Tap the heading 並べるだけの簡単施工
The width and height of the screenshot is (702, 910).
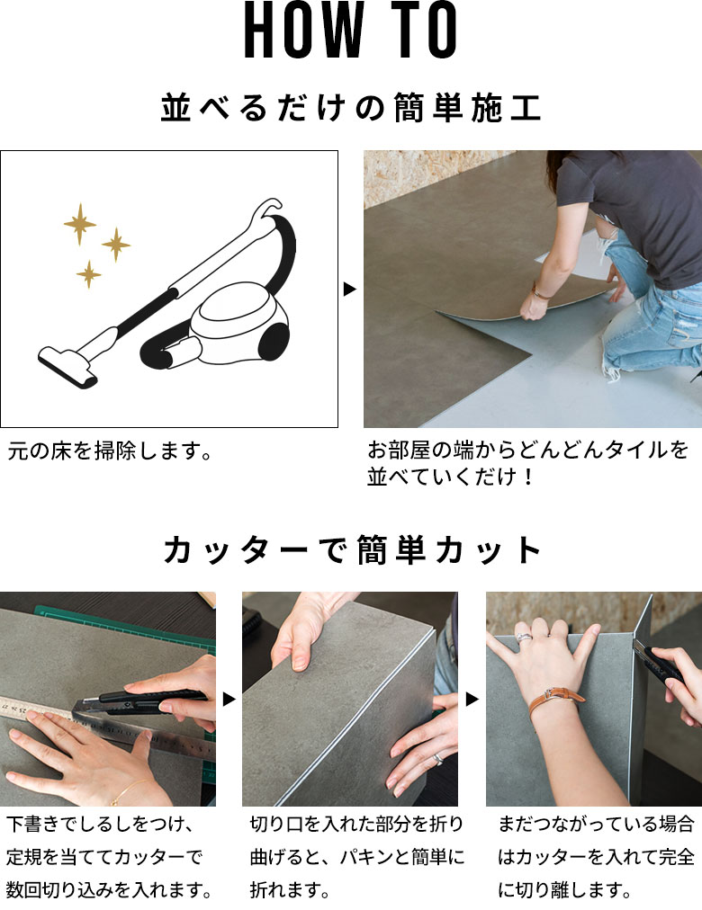pyautogui.click(x=351, y=108)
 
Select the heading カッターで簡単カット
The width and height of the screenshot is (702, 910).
pyautogui.click(x=351, y=549)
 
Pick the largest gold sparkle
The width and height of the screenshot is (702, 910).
pyautogui.click(x=80, y=224)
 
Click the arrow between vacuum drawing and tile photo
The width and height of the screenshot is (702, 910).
pyautogui.click(x=350, y=290)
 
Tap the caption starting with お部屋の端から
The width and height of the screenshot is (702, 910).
pyautogui.click(x=527, y=462)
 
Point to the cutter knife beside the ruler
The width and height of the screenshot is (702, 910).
pyautogui.click(x=144, y=698)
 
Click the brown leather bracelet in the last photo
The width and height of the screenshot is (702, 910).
pyautogui.click(x=555, y=695)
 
